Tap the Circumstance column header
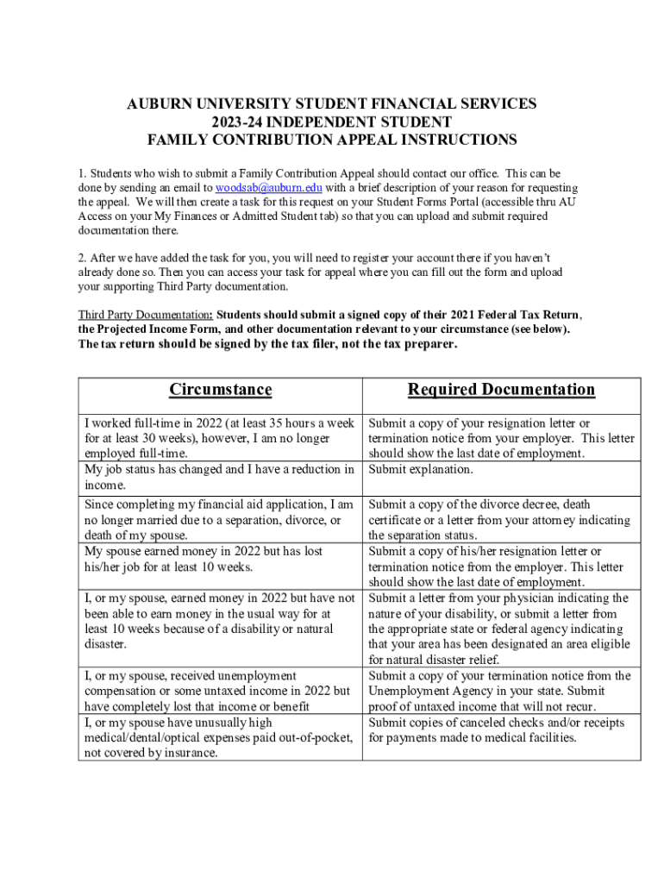tap(220, 390)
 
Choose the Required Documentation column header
tap(501, 390)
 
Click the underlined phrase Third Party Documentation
tap(145, 314)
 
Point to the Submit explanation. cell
tap(421, 470)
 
